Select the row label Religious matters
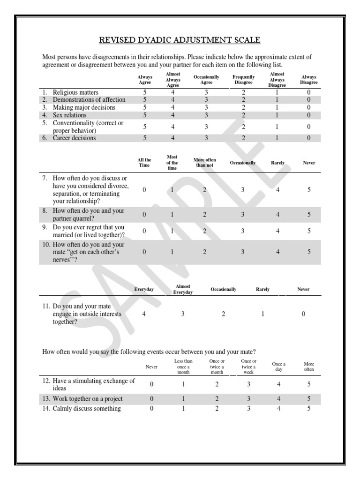point(75,92)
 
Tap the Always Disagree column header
point(308,80)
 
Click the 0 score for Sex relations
point(308,115)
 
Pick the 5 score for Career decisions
point(145,138)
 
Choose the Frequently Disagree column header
point(243,80)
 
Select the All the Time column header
point(144,163)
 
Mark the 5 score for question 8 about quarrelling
point(309,214)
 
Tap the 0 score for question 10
point(144,252)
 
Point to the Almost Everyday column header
point(183,289)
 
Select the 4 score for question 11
point(144,314)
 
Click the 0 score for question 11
point(303,314)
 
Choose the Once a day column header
point(278,367)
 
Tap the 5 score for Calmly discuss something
point(309,408)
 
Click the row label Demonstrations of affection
point(89,100)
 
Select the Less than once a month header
point(183,367)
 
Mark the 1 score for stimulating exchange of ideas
point(183,384)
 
